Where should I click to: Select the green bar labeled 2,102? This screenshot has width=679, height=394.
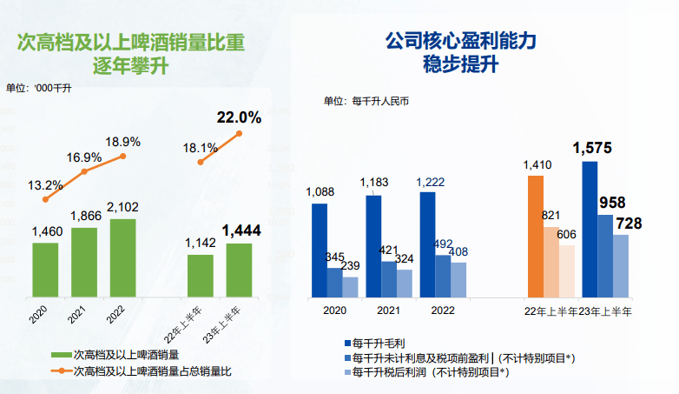[122, 257]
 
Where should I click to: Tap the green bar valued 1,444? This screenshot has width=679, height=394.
[239, 270]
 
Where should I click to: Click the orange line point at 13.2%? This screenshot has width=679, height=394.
[45, 199]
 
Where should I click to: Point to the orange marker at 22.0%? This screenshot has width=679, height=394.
[239, 133]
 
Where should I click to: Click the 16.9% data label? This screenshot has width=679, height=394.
[84, 157]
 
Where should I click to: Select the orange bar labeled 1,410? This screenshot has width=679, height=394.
[536, 237]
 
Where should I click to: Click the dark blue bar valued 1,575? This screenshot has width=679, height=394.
[590, 230]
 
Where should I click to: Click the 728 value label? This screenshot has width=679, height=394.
[629, 224]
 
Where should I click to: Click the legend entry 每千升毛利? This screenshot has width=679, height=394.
[379, 344]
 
